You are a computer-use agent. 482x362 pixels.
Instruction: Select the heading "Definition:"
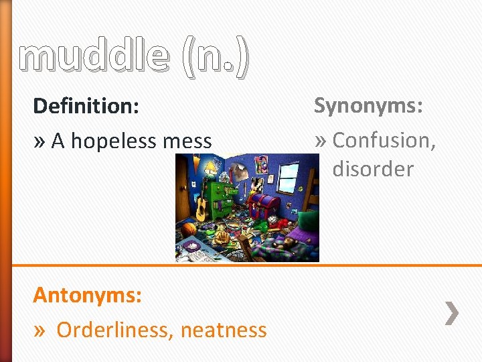click(x=86, y=106)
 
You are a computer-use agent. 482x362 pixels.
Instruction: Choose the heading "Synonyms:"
click(x=368, y=105)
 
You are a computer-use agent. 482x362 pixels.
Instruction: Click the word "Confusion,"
click(x=384, y=140)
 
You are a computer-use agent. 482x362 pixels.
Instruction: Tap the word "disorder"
click(x=373, y=169)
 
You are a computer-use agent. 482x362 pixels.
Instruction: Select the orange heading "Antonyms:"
click(x=87, y=295)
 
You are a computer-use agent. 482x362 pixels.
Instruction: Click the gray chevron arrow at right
click(x=453, y=313)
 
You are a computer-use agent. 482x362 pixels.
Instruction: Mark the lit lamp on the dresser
click(x=211, y=168)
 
